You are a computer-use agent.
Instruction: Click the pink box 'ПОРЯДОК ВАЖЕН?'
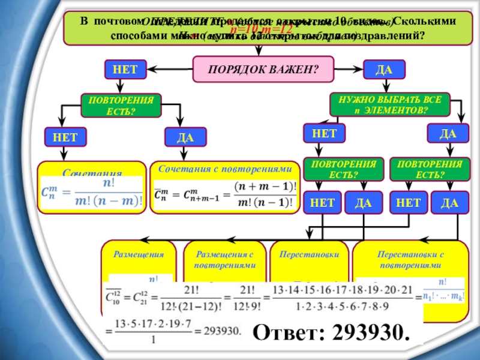[x=263, y=69]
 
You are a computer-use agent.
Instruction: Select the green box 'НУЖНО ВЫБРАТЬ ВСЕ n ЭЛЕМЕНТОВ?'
[x=389, y=105]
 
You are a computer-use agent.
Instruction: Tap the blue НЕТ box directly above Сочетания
[x=65, y=137]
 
